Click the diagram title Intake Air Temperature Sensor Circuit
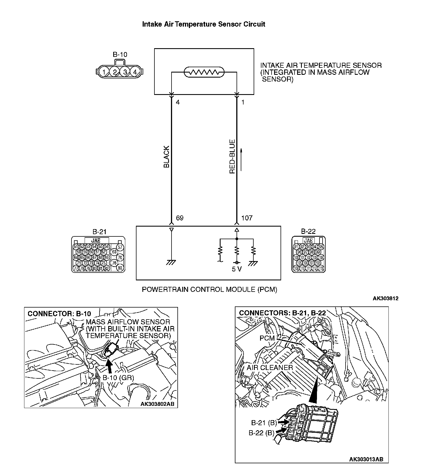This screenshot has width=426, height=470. [203, 24]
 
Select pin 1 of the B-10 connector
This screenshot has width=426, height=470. [104, 72]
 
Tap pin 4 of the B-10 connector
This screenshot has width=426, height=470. [135, 72]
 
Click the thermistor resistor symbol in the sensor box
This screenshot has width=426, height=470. [204, 73]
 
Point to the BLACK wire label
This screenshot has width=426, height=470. [166, 157]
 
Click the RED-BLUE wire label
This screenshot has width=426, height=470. [232, 157]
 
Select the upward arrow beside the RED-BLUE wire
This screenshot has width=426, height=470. [241, 160]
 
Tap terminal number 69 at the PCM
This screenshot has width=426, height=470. [180, 218]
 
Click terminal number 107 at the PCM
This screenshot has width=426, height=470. [247, 218]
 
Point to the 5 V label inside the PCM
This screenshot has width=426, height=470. [237, 269]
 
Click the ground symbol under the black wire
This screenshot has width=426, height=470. [171, 262]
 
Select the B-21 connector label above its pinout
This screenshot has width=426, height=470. [99, 232]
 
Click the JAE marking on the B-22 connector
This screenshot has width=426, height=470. [308, 241]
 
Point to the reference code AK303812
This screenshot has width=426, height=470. [385, 299]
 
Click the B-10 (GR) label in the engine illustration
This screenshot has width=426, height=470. [118, 378]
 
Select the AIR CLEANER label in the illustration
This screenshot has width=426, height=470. [270, 367]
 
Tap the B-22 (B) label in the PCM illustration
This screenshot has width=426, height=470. [261, 433]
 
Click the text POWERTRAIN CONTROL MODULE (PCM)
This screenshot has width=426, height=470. [209, 289]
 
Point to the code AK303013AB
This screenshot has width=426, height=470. [366, 459]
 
